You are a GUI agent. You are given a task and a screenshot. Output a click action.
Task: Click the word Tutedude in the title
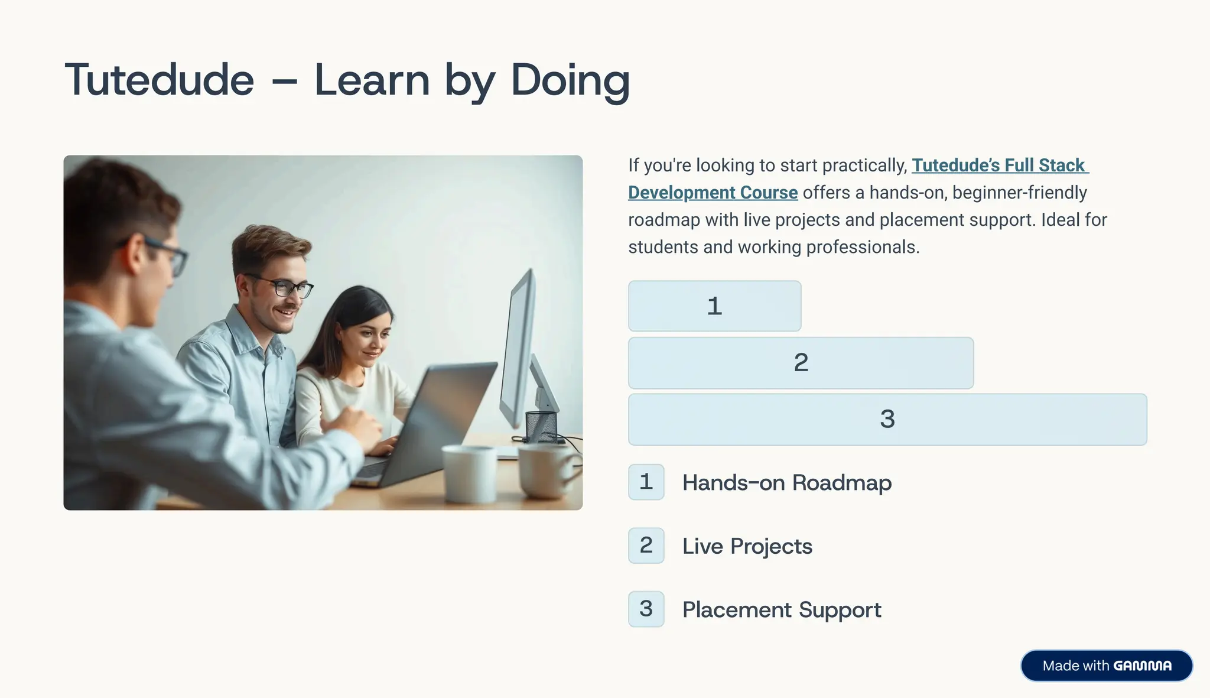point(160,80)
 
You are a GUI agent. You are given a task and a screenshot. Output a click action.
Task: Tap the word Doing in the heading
point(570,80)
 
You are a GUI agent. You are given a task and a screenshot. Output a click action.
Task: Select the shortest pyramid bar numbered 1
point(714,306)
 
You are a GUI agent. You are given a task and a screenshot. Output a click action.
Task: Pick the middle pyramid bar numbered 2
point(801,363)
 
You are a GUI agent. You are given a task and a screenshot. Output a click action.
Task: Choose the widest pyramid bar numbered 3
point(887,420)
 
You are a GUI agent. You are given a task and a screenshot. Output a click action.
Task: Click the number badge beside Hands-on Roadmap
point(646,482)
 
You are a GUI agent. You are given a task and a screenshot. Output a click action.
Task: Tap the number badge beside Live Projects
point(646,546)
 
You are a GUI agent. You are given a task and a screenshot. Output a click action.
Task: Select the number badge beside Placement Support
point(646,609)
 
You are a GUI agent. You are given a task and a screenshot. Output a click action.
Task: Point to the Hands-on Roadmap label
point(786,483)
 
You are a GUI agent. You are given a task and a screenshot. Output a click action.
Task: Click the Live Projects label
point(747,546)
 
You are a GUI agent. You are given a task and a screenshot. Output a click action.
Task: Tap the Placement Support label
point(781,609)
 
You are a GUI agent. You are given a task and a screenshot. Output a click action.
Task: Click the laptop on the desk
point(431,420)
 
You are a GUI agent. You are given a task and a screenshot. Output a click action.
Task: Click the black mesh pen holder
point(541,427)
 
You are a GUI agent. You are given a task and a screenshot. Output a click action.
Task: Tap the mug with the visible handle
point(547,470)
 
